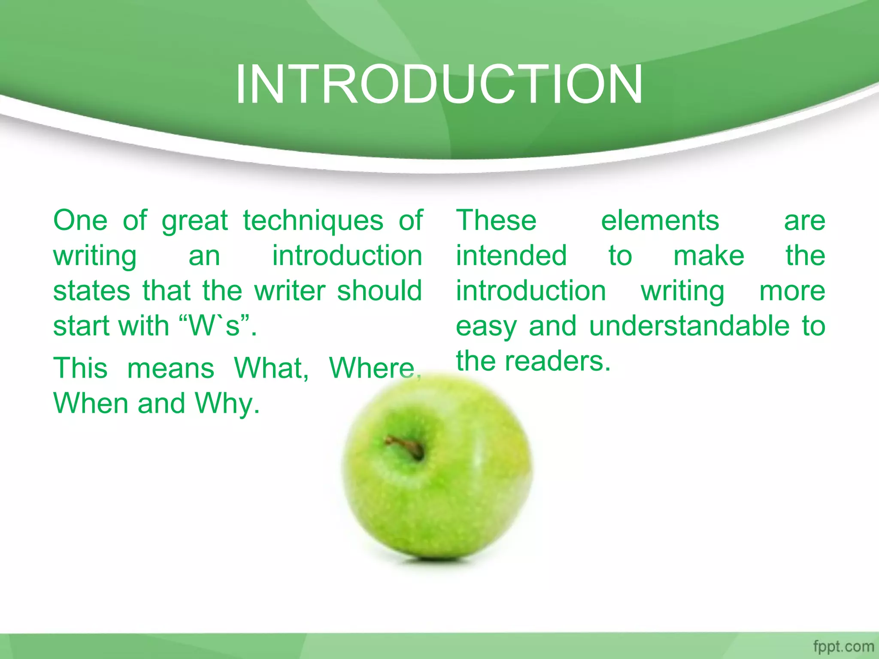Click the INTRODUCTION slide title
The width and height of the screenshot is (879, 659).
439,84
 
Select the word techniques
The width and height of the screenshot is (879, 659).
313,221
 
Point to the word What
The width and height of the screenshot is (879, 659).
271,368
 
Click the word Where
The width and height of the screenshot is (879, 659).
374,368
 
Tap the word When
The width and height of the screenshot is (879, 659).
90,403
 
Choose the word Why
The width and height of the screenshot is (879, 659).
227,404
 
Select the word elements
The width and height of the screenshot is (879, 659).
660,221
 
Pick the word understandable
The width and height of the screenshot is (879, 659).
689,326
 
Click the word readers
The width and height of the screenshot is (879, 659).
557,361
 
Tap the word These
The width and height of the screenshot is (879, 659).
496,221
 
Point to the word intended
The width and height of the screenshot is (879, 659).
511,256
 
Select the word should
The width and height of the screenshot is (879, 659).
379,291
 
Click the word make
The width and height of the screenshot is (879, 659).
709,256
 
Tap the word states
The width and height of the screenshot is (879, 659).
91,291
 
